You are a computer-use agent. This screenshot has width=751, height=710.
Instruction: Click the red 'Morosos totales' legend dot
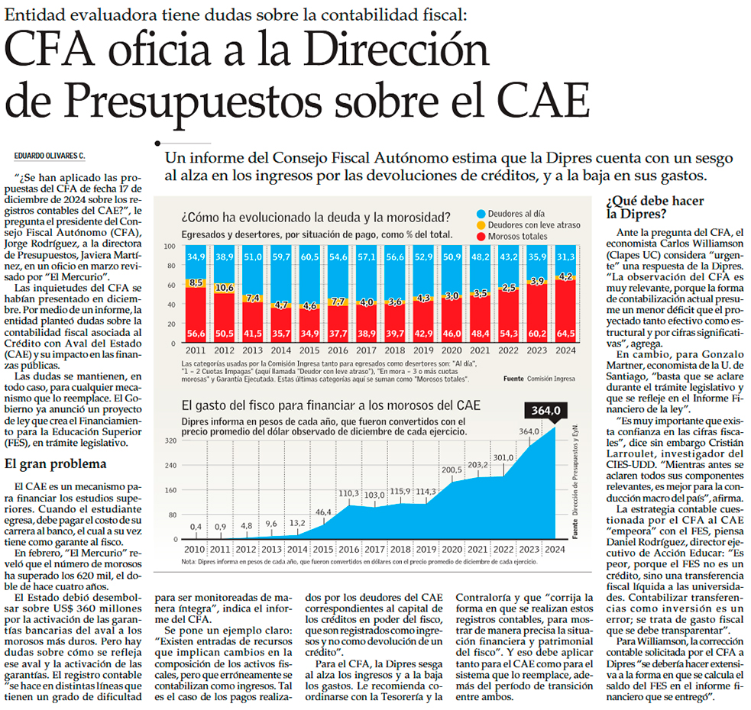[x=481, y=237]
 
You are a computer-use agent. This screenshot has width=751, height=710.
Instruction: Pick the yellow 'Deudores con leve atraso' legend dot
[x=481, y=225]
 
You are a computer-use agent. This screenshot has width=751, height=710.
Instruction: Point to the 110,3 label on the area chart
[x=349, y=493]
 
